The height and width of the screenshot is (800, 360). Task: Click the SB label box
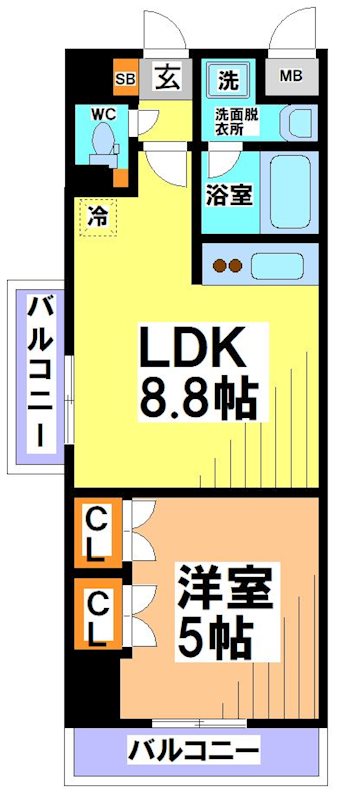[125, 76]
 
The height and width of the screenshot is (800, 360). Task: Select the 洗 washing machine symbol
[228, 77]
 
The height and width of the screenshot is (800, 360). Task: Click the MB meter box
[290, 76]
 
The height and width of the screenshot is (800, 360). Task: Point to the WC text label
[103, 114]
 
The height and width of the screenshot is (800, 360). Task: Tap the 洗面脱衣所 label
[235, 121]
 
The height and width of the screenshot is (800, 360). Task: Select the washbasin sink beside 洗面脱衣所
[298, 124]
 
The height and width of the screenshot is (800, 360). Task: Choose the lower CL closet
[98, 617]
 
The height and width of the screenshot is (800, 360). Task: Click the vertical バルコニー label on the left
[40, 380]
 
